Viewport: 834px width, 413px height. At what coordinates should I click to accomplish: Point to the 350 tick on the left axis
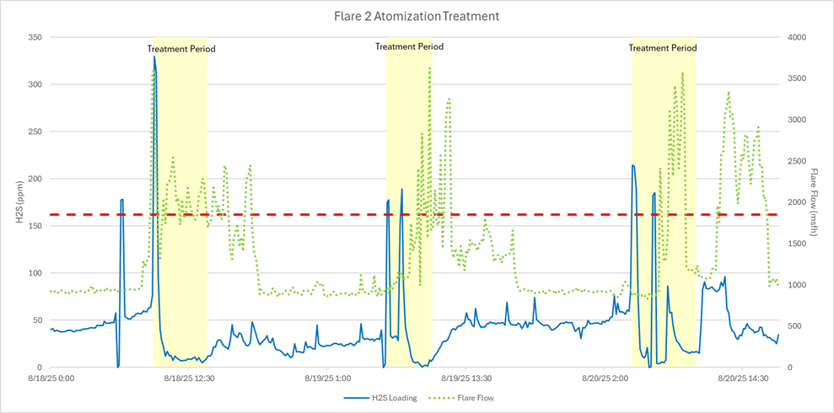click(x=34, y=37)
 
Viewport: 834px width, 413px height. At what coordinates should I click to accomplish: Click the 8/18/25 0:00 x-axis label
click(x=51, y=378)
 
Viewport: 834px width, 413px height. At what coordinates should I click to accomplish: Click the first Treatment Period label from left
click(x=181, y=49)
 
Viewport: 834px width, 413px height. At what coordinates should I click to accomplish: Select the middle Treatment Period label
click(x=409, y=46)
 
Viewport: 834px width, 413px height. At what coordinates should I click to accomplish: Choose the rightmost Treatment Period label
click(x=663, y=48)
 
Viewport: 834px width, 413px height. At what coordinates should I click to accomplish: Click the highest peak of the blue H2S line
click(x=154, y=57)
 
